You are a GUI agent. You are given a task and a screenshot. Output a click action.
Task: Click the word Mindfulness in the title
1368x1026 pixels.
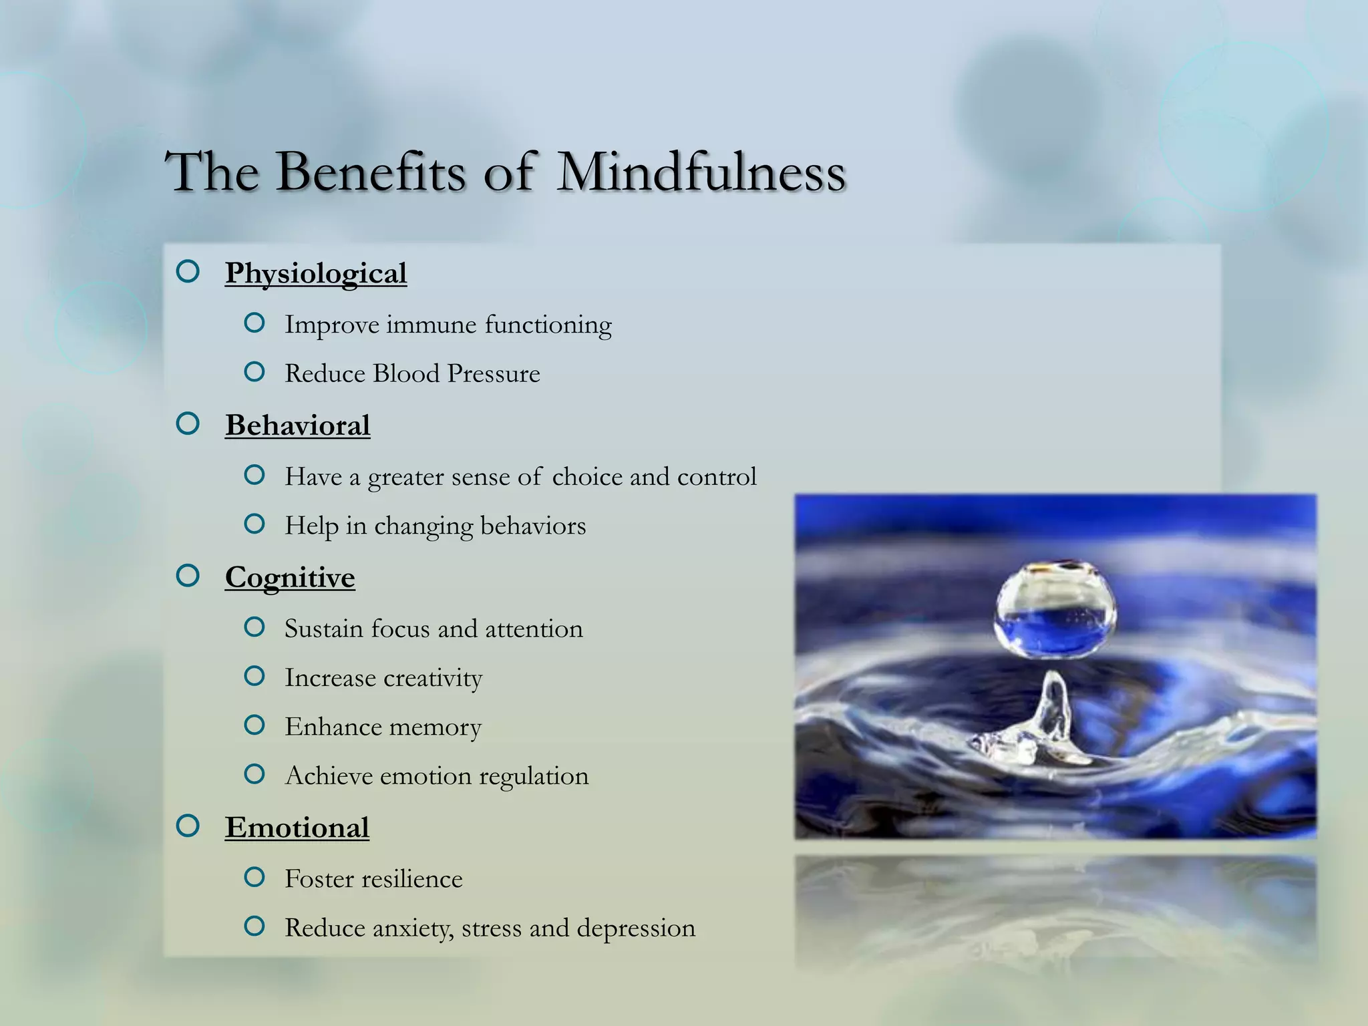pos(701,172)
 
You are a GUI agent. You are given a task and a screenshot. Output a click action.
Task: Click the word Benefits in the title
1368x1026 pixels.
pos(371,172)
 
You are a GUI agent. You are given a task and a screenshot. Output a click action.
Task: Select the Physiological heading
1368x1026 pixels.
pos(315,273)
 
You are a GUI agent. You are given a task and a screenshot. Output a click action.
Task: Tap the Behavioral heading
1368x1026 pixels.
pos(297,425)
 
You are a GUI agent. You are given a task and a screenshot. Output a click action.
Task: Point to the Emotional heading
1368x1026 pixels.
pos(297,828)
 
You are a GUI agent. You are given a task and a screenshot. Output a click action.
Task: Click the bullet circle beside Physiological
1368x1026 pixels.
pos(188,271)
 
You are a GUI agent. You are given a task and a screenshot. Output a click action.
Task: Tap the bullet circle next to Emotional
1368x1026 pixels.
pos(188,826)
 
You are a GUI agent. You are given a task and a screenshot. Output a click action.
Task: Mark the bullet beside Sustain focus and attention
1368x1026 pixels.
pos(254,627)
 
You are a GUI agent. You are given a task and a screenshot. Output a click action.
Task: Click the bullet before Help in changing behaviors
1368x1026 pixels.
pos(254,524)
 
